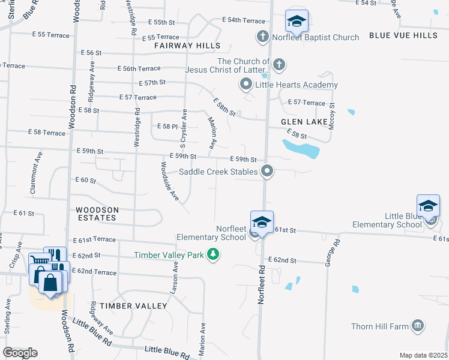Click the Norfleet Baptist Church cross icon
(x=262, y=37)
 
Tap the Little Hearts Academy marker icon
(x=246, y=85)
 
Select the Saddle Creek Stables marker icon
(x=268, y=172)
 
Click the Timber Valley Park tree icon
(x=212, y=255)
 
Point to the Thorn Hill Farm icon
(x=418, y=326)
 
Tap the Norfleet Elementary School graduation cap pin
(x=262, y=221)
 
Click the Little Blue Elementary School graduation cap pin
(x=428, y=205)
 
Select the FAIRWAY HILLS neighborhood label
(x=187, y=46)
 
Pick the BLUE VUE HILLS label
(x=403, y=36)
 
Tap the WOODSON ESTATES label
(x=97, y=210)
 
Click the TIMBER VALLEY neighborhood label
(x=134, y=306)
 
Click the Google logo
(x=20, y=353)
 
